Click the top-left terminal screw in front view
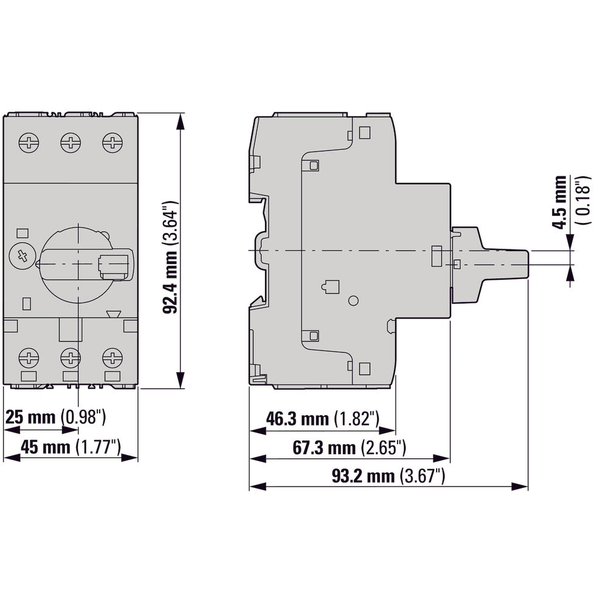tap(29, 143)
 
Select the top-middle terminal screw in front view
tap(71, 143)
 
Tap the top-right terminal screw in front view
tap(112, 143)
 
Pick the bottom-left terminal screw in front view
tap(29, 357)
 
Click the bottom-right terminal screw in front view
tap(112, 357)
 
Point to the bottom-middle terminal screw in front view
tap(71, 357)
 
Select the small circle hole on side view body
tap(354, 300)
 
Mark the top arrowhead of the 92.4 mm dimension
tap(180, 120)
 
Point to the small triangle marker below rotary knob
tap(113, 315)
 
